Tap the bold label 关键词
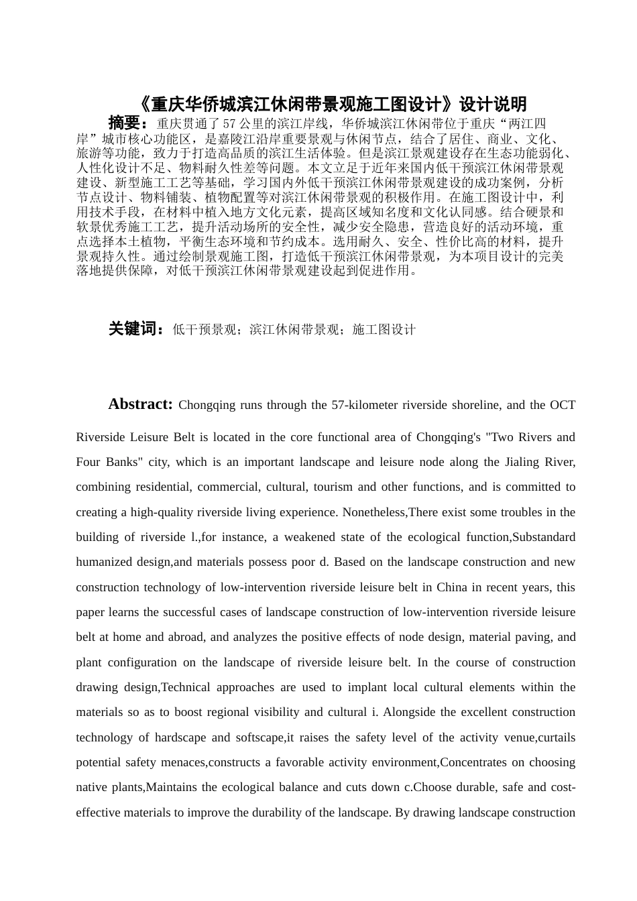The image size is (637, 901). click(133, 329)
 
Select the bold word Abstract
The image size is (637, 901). click(140, 404)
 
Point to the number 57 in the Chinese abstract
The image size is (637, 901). click(229, 123)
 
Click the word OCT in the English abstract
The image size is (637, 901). click(563, 405)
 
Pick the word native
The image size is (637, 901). click(91, 787)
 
